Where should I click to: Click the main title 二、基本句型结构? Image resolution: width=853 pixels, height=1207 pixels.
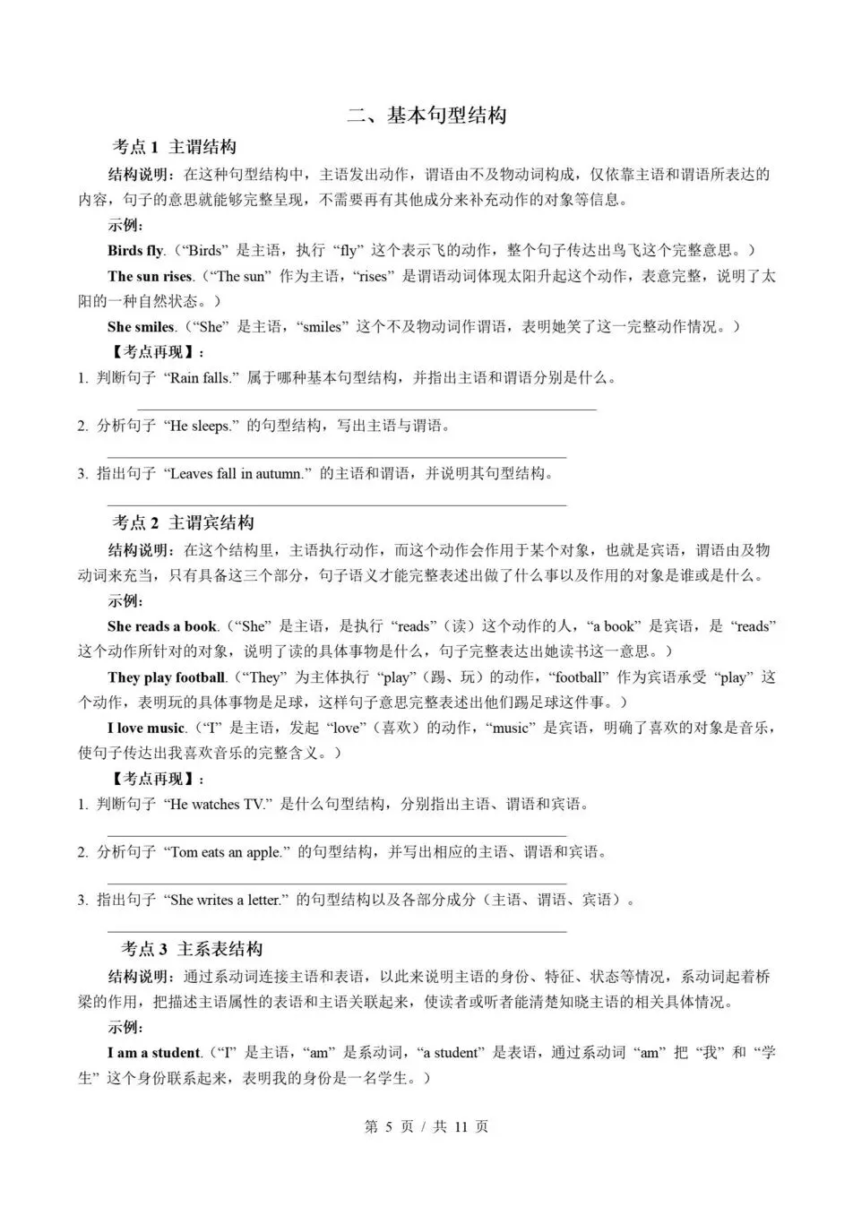426,116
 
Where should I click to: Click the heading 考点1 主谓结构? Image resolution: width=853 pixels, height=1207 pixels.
174,147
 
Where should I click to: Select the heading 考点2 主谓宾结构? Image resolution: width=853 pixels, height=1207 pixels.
183,522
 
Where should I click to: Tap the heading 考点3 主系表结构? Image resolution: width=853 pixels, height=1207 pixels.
192,949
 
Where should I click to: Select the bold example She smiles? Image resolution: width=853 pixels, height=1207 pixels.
141,327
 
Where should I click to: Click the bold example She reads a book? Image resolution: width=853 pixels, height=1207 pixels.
162,626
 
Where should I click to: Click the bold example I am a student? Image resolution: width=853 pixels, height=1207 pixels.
154,1053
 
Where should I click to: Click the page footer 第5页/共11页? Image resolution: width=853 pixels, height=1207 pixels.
426,1127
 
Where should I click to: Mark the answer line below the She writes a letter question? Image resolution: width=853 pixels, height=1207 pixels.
336,931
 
